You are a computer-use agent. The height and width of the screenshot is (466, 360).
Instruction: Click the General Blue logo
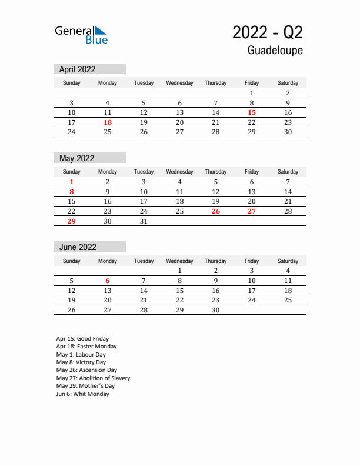click(x=81, y=35)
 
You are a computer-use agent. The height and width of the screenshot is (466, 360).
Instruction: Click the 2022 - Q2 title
click(x=268, y=32)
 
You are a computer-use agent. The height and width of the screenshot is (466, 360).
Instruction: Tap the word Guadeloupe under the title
click(x=275, y=51)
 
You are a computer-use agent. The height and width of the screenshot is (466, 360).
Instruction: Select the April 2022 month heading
click(x=78, y=69)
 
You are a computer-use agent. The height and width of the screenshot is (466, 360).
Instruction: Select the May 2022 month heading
click(x=77, y=158)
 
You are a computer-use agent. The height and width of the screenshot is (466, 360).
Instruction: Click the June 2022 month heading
click(x=78, y=247)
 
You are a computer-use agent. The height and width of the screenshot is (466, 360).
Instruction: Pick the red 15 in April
click(x=252, y=112)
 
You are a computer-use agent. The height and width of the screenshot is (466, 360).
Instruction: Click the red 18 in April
click(x=108, y=122)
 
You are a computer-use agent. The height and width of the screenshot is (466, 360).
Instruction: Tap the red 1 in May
click(x=72, y=182)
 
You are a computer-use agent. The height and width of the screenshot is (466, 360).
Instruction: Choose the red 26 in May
click(x=216, y=211)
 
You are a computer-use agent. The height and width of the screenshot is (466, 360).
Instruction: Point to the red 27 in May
click(x=252, y=211)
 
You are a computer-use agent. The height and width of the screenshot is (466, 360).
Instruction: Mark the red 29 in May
click(x=72, y=221)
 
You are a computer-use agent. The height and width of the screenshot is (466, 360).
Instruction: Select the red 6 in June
click(x=108, y=281)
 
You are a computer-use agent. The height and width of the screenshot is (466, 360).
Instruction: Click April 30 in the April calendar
click(x=288, y=132)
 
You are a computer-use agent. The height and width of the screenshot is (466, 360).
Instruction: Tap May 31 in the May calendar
click(x=144, y=221)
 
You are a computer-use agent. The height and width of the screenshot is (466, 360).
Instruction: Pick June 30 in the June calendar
click(x=216, y=310)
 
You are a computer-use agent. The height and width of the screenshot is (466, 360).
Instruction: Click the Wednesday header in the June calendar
click(x=179, y=261)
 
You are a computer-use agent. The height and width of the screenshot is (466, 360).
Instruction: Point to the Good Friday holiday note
click(x=82, y=339)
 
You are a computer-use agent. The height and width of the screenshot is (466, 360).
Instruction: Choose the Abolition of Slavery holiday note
click(x=93, y=378)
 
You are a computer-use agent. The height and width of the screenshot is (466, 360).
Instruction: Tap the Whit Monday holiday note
click(x=82, y=394)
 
